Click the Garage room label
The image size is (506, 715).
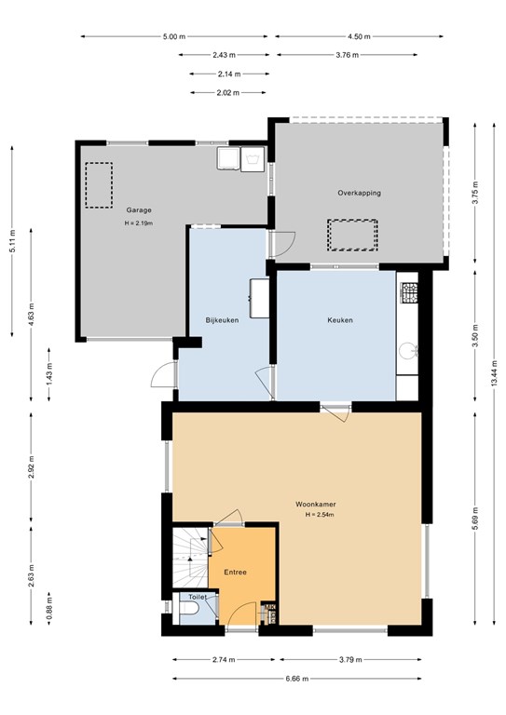139,210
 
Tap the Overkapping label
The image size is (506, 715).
359,193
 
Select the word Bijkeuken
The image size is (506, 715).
222,320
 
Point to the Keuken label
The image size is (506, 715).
340,320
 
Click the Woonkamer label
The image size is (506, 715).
316,505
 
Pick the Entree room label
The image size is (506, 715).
235,573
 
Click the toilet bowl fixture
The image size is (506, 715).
188,608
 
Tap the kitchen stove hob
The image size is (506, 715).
409,293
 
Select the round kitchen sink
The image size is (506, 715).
406,351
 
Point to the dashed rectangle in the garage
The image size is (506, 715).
99,185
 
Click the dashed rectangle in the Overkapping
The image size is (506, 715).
352,235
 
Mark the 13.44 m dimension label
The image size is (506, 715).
494,373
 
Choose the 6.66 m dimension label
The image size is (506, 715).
297,679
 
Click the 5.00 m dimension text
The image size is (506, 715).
174,36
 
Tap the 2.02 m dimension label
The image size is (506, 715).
228,92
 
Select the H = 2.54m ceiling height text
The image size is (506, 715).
320,515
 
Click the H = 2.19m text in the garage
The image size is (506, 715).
139,223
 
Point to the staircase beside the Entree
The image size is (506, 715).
190,558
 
